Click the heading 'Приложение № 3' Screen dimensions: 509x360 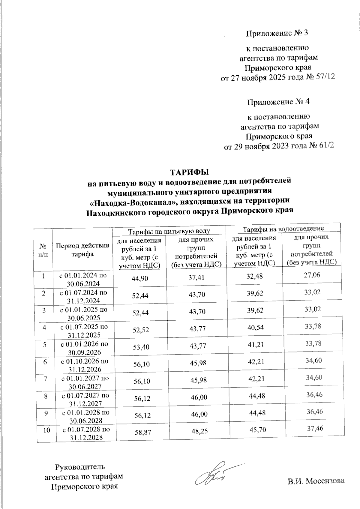point(277,33)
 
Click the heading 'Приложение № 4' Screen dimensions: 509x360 point(278,102)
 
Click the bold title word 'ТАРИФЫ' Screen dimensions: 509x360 point(189,173)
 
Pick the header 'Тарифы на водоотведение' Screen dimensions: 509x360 point(283,229)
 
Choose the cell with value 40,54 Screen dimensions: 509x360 point(255,328)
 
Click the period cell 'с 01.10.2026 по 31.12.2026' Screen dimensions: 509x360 point(85,365)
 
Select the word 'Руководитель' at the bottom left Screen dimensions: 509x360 point(80,467)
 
